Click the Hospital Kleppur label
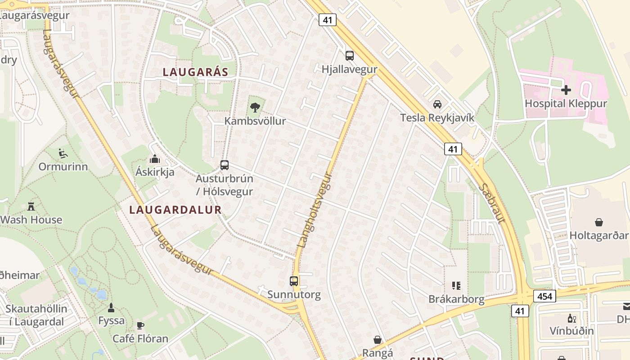[566, 103]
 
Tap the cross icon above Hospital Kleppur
[566, 90]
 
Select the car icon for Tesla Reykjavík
[437, 104]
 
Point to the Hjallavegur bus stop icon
[349, 56]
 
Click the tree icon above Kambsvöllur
[255, 107]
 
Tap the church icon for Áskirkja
[155, 159]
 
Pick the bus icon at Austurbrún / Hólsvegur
[224, 165]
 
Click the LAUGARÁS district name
[195, 72]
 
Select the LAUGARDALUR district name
[175, 210]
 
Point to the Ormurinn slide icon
[63, 153]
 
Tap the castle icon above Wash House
[31, 207]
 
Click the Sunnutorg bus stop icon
[294, 281]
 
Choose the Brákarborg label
[456, 299]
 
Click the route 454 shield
[544, 296]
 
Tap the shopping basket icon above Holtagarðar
[599, 222]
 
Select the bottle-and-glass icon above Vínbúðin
[571, 318]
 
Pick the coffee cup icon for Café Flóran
[140, 325]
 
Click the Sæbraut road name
[494, 202]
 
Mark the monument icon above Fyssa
[111, 308]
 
